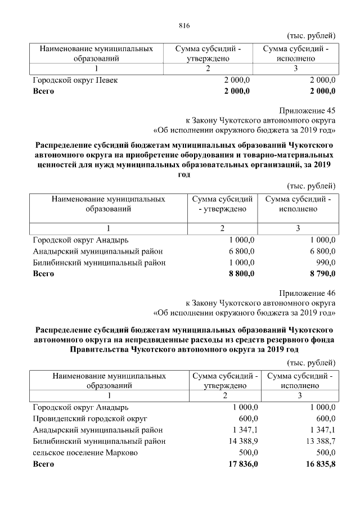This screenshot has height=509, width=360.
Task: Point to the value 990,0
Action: pyautogui.click(x=325, y=263)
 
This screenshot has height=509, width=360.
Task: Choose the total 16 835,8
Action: pyautogui.click(x=319, y=465)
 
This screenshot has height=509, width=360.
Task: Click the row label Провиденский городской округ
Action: pyautogui.click(x=90, y=419)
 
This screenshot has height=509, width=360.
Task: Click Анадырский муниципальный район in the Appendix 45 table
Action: pyautogui.click(x=99, y=251)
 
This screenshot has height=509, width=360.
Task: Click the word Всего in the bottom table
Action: pyautogui.click(x=43, y=465)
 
